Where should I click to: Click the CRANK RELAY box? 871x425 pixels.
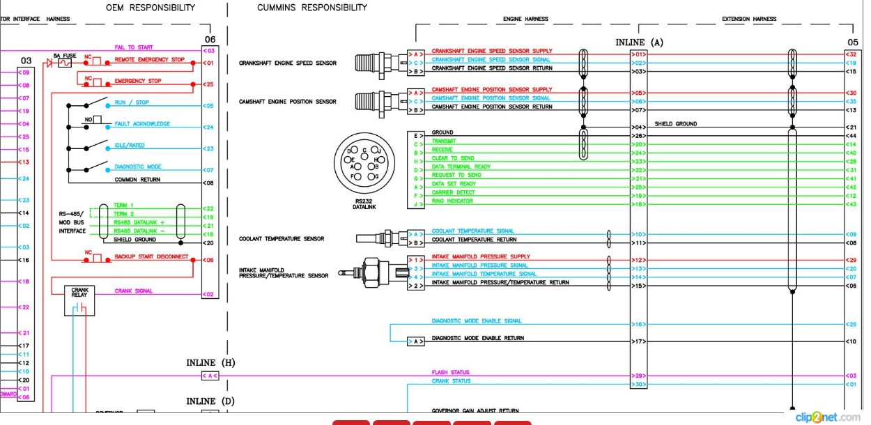point(79,293)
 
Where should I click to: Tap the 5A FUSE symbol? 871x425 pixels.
point(64,63)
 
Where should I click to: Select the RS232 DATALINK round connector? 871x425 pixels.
point(364,164)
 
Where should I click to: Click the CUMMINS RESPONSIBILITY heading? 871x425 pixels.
point(311,8)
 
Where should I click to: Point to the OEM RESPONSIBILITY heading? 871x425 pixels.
point(150,8)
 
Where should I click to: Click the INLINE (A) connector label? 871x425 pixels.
point(639,42)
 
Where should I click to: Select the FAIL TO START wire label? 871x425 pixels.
point(134,47)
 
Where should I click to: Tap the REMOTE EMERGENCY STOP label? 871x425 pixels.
point(150,60)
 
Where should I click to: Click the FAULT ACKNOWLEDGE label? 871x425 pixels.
point(142,124)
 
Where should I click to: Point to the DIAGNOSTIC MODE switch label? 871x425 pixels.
point(138,167)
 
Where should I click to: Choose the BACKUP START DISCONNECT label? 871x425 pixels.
point(151,256)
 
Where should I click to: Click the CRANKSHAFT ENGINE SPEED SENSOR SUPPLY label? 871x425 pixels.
point(492,51)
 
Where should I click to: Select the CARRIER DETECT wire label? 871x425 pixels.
point(453,192)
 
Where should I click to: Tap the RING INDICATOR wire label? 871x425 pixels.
point(452,201)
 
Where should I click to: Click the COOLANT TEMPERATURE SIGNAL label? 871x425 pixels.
point(472,231)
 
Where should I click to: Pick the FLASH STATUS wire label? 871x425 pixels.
point(450,373)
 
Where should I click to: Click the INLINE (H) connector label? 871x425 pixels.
point(210,363)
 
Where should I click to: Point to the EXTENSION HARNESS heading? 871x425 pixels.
point(749,19)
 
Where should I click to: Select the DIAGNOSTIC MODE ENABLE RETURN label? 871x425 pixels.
point(477,339)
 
